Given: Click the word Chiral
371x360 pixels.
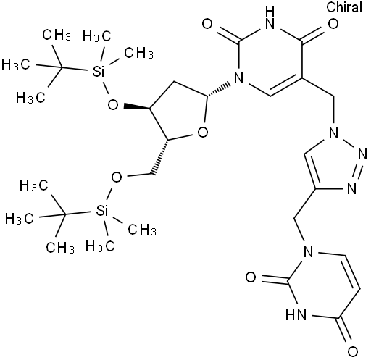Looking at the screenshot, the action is (x=344, y=7).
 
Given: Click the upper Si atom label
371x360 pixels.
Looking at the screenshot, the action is (x=99, y=72).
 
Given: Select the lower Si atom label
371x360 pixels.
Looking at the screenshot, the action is (x=101, y=211).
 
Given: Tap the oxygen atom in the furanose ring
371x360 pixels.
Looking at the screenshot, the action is (x=203, y=133).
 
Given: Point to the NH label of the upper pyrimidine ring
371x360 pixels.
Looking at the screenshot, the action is (x=270, y=17).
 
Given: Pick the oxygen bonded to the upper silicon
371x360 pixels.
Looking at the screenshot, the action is (x=113, y=105).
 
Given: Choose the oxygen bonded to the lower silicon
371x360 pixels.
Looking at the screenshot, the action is (x=117, y=177).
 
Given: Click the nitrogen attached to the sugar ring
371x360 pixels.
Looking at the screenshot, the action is (x=239, y=78).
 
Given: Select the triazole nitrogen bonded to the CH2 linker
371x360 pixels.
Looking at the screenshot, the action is (x=333, y=133).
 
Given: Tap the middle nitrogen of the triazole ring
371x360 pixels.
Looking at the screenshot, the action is (x=362, y=154).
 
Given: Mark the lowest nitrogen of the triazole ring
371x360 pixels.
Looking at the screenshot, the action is (x=351, y=188).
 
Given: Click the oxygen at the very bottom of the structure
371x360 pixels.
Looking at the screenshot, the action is (x=352, y=351).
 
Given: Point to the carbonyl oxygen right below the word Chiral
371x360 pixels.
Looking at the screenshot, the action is (x=333, y=24).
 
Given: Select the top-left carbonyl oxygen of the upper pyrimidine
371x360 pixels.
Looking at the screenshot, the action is (x=207, y=24).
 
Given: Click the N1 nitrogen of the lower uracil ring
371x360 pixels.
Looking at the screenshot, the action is (x=308, y=252).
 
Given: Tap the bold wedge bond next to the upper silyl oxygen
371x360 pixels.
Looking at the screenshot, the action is (x=136, y=107).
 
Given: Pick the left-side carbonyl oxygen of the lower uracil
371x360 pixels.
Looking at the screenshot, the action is (x=251, y=277).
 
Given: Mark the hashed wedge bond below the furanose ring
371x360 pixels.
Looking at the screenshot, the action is (x=161, y=157).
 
